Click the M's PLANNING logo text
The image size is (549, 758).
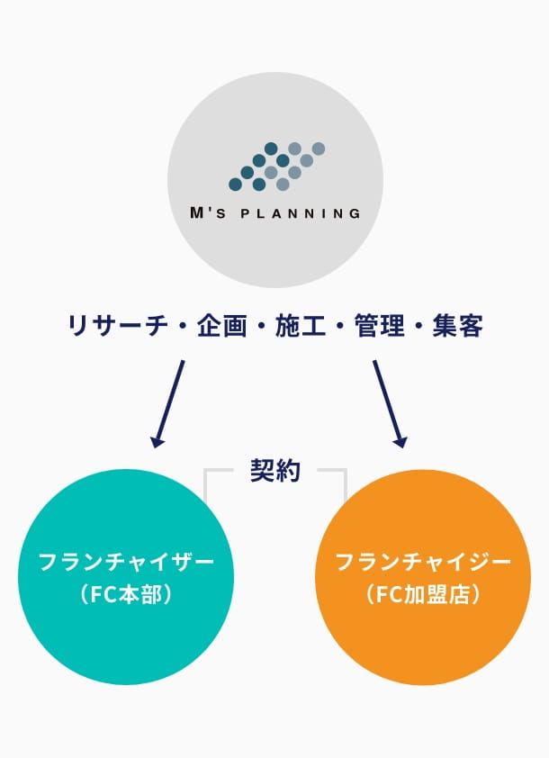click(x=274, y=214)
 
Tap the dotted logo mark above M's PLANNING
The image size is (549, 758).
click(x=276, y=167)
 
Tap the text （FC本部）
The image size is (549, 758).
click(x=126, y=595)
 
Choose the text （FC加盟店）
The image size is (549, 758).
click(x=423, y=595)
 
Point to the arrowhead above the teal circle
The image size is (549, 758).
click(x=158, y=441)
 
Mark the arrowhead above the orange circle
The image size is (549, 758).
click(x=400, y=441)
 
